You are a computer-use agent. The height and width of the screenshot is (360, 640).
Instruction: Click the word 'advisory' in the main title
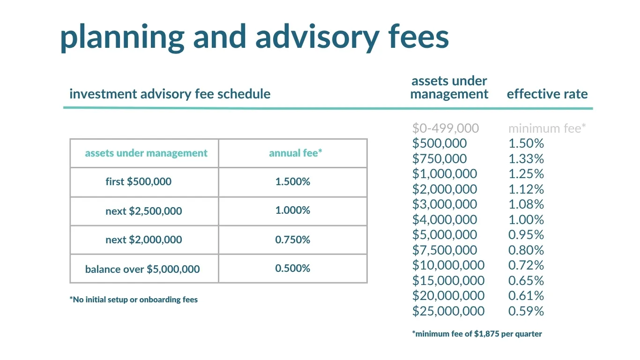click(x=317, y=38)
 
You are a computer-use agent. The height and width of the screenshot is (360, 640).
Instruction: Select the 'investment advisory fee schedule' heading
click(x=170, y=94)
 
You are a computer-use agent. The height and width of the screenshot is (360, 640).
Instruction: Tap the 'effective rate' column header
click(x=547, y=94)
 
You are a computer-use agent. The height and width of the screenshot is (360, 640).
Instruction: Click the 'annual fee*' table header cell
click(x=293, y=153)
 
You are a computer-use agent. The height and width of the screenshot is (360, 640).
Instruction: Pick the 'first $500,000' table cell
click(x=144, y=182)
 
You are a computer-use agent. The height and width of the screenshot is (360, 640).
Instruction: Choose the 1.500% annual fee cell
click(x=293, y=182)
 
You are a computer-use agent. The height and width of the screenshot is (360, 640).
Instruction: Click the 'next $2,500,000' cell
click(x=144, y=211)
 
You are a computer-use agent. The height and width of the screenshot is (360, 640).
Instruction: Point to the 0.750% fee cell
click(x=293, y=240)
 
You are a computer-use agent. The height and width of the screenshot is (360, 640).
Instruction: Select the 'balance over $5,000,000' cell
click(x=144, y=269)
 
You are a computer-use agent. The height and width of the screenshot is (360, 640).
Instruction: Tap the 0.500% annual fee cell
click(x=293, y=269)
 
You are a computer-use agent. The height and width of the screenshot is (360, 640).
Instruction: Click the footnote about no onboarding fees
click(x=134, y=300)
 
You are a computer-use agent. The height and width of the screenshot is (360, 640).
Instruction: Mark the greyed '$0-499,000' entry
click(x=446, y=128)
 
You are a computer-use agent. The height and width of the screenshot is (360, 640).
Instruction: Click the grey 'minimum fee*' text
click(x=547, y=128)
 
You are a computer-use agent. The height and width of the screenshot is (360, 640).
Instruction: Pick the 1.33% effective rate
click(x=526, y=159)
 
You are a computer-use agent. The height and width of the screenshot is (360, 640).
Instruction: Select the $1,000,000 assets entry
click(x=445, y=174)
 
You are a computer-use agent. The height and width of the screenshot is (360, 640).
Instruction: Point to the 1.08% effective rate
click(x=526, y=204)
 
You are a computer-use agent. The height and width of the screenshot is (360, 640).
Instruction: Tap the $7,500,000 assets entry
click(x=445, y=250)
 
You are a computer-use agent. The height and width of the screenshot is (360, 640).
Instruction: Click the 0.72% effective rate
click(x=526, y=265)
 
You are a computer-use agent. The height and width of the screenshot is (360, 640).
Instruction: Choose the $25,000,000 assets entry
click(x=448, y=311)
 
